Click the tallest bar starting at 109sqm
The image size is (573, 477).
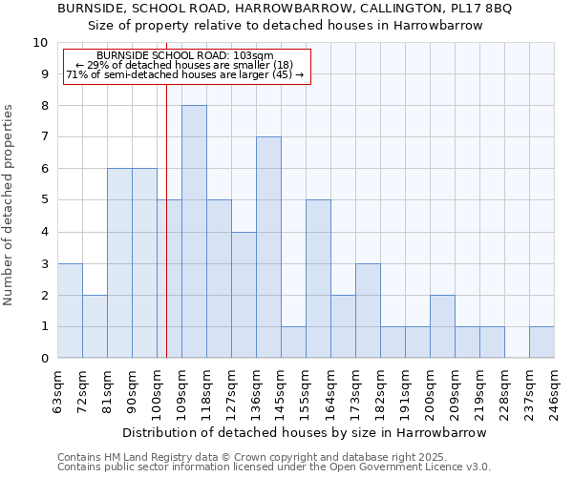194,232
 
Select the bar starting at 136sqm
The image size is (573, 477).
268,248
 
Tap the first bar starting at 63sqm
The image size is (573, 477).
70,311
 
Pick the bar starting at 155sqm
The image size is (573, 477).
318,280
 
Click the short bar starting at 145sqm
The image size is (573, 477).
293,342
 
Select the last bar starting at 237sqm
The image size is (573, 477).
541,342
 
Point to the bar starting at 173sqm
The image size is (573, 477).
368,311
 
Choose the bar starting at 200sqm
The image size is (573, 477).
442,327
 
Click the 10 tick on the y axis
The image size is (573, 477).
40,43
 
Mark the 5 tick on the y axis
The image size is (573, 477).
43,200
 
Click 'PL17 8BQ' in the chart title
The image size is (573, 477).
480,9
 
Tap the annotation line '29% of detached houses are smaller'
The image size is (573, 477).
185,65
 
